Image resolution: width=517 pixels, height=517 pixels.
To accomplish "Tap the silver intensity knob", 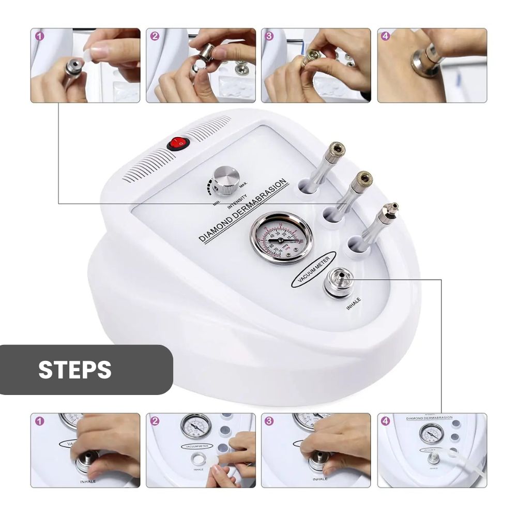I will pyautogui.click(x=226, y=178).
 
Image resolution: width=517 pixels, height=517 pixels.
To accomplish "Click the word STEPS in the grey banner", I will pyautogui.click(x=75, y=370).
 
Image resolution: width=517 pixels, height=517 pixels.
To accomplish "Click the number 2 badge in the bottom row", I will pyautogui.click(x=155, y=421).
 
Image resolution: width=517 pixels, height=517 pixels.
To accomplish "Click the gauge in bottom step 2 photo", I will pyautogui.click(x=196, y=427).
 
